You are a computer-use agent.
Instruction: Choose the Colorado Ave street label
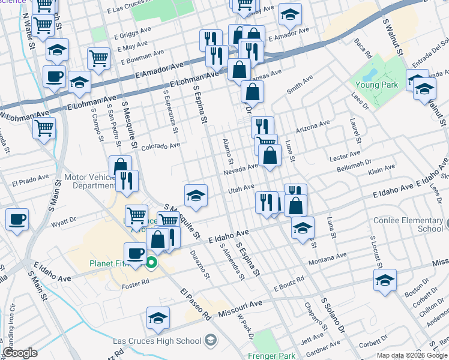click(x=160, y=146)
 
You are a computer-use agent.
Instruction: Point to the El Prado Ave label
click(x=30, y=180)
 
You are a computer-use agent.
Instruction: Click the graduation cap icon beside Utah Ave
click(x=196, y=195)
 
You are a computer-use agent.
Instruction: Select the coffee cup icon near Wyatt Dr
click(x=17, y=219)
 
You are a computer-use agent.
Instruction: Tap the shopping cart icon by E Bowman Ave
click(x=98, y=59)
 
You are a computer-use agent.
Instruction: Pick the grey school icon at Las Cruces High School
click(x=210, y=341)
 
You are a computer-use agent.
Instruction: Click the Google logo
click(x=20, y=353)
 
